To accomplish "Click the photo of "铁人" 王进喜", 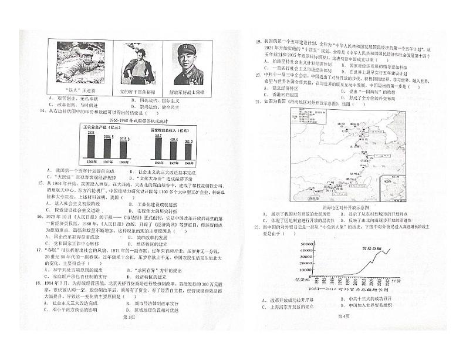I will coord(76,63).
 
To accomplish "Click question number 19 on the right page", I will coord(257,42).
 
